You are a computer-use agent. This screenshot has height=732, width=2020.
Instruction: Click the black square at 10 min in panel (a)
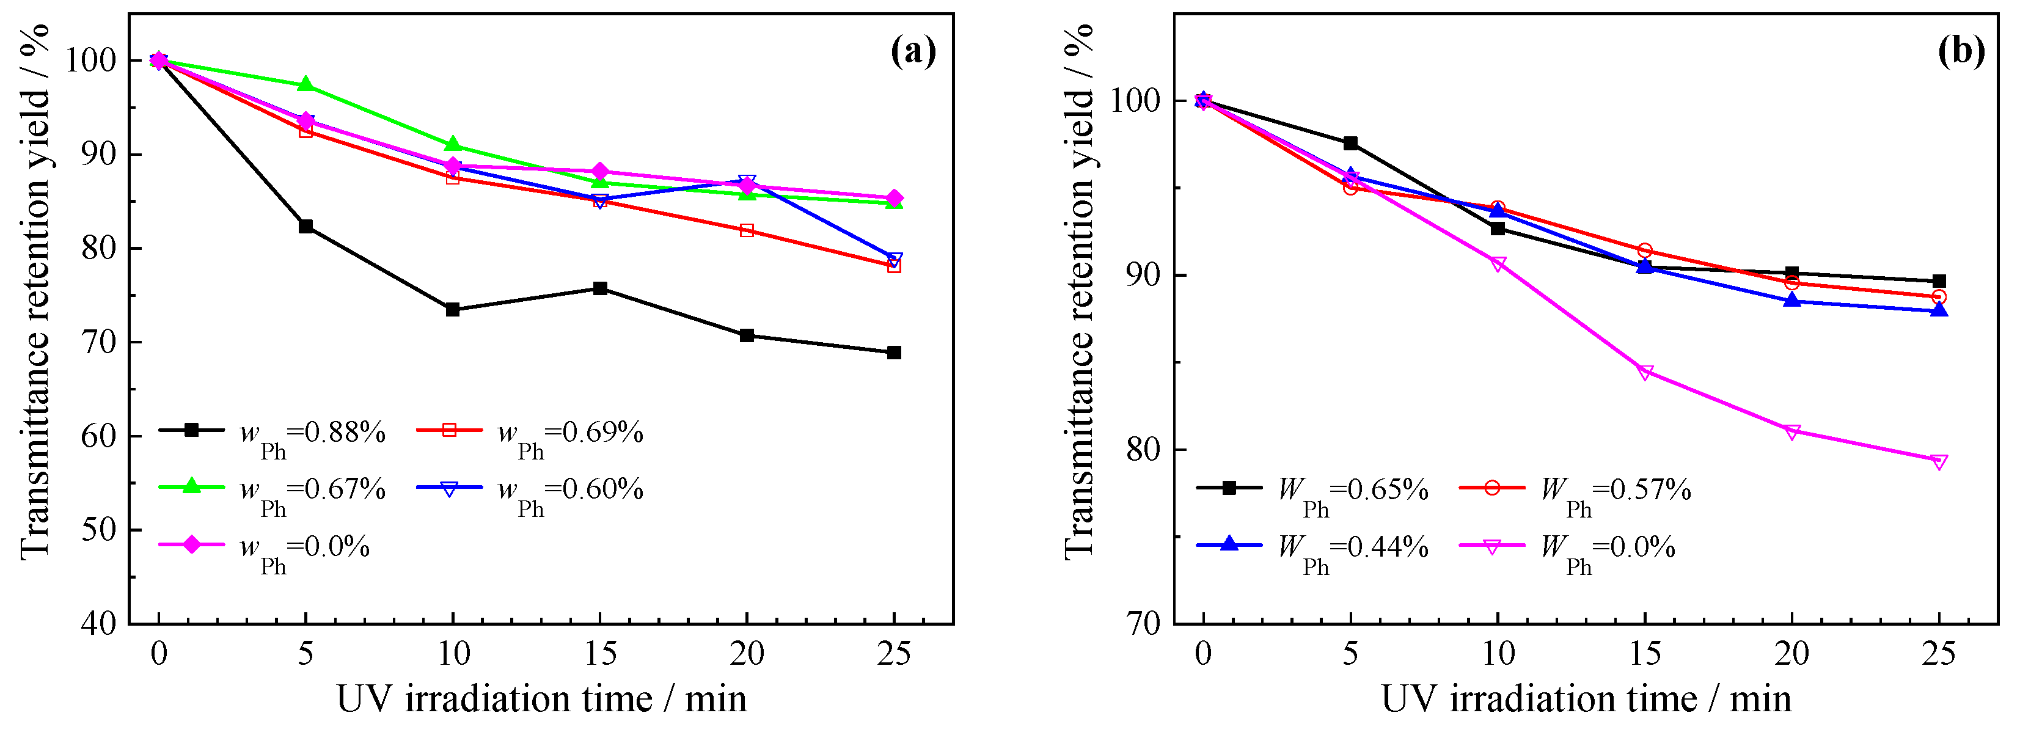point(453,309)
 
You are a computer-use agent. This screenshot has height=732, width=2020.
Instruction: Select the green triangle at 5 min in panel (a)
point(306,85)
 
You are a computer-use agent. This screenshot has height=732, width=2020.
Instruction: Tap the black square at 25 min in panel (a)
point(894,353)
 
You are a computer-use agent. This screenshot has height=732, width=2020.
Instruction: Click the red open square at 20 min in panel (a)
point(747,230)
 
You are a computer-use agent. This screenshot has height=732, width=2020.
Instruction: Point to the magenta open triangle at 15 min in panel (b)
point(1645,372)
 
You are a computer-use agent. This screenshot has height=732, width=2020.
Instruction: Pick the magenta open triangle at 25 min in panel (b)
point(1939,461)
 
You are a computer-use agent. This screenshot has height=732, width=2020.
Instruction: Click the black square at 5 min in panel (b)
point(1350,143)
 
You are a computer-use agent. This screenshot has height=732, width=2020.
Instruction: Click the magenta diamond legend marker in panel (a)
point(191,544)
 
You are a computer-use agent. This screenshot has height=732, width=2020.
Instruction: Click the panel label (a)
point(913,52)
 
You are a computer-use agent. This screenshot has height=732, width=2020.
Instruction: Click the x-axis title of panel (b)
point(1586,698)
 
